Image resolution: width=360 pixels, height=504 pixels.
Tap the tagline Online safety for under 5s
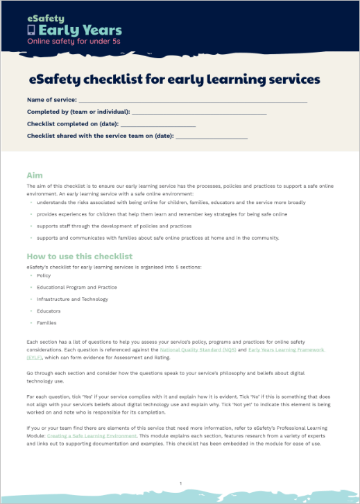click(74, 42)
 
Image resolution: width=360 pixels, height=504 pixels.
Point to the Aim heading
click(35, 175)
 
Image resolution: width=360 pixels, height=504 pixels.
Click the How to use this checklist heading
click(79, 257)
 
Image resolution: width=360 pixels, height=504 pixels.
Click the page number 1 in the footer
click(180, 483)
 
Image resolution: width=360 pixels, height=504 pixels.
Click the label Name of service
click(51, 100)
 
